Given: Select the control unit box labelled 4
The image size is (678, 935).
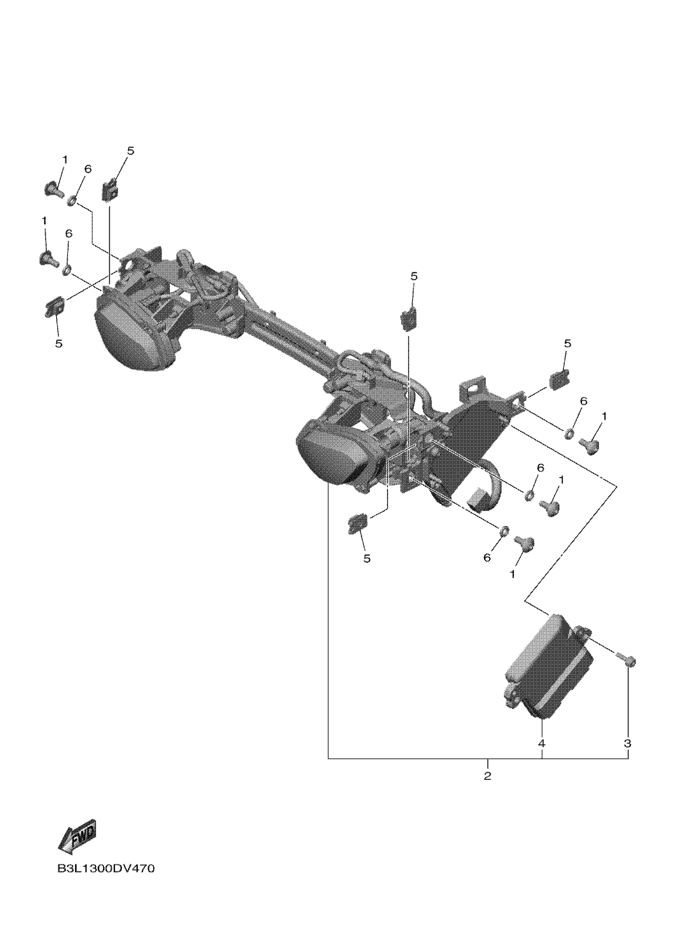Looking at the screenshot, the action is point(549,676).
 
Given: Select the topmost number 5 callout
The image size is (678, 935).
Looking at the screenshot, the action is point(130,151).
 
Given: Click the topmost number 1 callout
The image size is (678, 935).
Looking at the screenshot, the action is point(65,159).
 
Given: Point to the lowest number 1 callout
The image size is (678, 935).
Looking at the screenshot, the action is point(512,574).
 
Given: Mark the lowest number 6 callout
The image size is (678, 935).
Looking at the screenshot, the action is point(487,558).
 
